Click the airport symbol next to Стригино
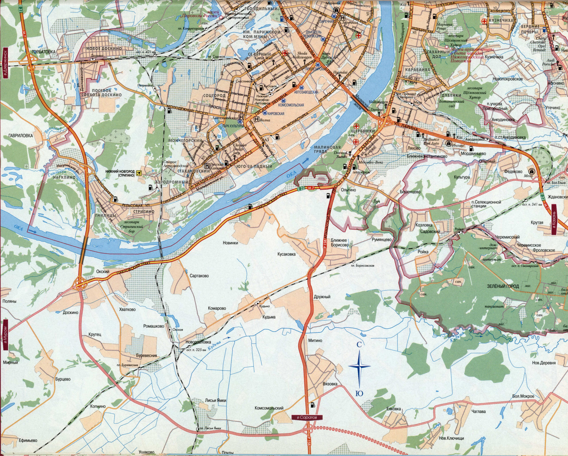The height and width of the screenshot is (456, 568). (139, 173)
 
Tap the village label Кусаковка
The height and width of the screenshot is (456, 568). (287, 254)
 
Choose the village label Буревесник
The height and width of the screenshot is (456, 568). (146, 355)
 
